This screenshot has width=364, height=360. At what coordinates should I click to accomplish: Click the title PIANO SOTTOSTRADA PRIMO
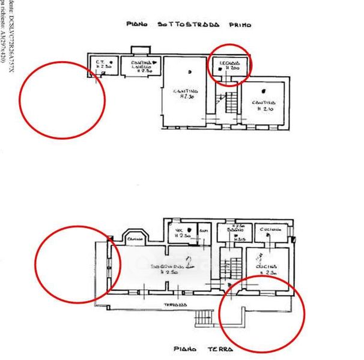coord(189,25)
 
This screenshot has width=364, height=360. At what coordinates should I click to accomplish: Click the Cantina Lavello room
coord(139,66)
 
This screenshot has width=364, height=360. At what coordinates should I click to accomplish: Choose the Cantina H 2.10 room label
coord(264,104)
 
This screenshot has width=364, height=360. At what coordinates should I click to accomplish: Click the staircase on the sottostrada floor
coord(229,106)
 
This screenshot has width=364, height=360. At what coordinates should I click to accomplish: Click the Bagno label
coord(229,230)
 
